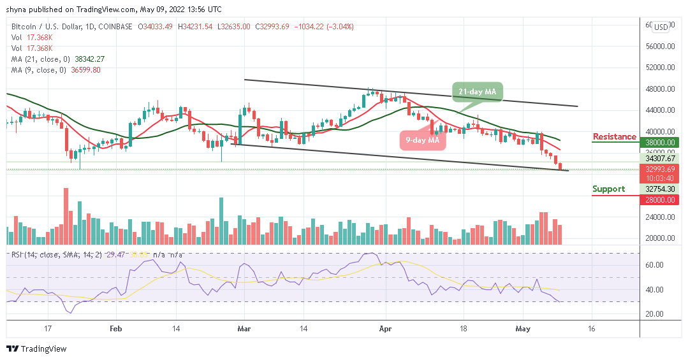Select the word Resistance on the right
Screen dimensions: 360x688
pyautogui.click(x=614, y=136)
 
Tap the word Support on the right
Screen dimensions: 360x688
pyautogui.click(x=608, y=189)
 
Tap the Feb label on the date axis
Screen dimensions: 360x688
pyautogui.click(x=115, y=329)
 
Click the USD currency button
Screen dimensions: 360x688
pyautogui.click(x=661, y=27)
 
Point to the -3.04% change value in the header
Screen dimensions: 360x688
pyautogui.click(x=340, y=26)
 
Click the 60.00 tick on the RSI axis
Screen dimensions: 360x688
pyautogui.click(x=657, y=264)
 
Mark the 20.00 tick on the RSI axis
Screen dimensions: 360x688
pyautogui.click(x=657, y=313)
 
